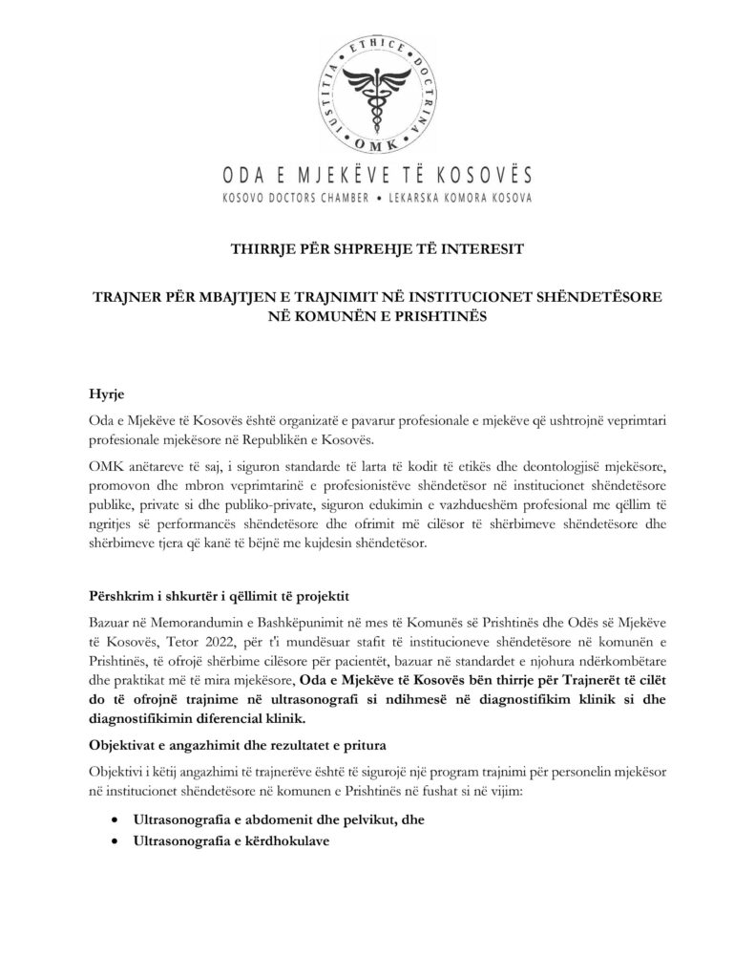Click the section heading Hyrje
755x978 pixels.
tap(105, 394)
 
